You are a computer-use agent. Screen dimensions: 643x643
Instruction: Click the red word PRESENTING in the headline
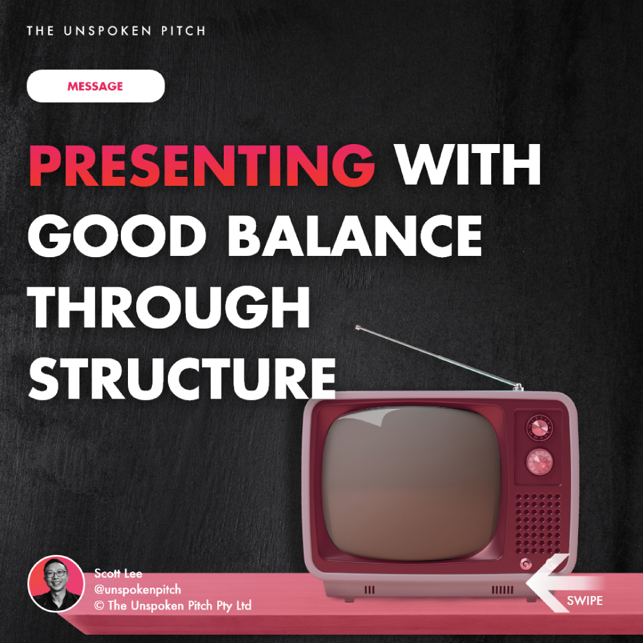[x=202, y=165]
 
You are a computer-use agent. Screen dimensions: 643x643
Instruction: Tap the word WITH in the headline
[x=467, y=165]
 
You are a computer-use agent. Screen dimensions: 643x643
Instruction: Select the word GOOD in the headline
[x=117, y=236]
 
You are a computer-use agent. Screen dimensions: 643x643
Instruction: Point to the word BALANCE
[x=355, y=236]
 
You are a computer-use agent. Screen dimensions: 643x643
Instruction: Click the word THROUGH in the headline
[x=169, y=307]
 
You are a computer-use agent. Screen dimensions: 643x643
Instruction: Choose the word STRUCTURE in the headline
[x=182, y=378]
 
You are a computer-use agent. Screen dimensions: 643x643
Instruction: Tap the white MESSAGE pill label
[x=96, y=86]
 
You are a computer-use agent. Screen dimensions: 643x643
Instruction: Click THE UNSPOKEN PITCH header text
[x=116, y=31]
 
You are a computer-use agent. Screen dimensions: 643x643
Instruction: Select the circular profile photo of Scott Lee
[x=56, y=584]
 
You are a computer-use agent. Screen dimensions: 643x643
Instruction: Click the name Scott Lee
[x=118, y=573]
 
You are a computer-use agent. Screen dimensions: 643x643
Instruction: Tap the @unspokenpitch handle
[x=138, y=589]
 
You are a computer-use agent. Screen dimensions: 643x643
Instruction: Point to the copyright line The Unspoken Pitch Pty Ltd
[x=172, y=605]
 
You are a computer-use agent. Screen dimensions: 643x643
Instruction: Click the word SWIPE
[x=584, y=601]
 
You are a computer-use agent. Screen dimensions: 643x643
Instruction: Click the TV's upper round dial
[x=539, y=428]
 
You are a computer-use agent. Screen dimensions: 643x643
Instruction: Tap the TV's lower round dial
[x=539, y=462]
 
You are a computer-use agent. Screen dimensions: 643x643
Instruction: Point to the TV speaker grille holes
[x=538, y=523]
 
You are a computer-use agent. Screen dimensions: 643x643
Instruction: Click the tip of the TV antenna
[x=358, y=327]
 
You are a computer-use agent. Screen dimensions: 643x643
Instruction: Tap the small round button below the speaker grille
[x=526, y=565]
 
